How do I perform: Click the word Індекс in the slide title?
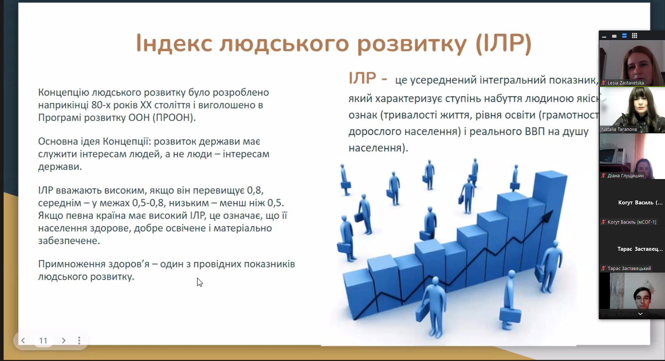[x=174, y=43]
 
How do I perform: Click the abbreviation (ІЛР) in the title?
[x=503, y=43]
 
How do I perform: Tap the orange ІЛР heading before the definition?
[x=362, y=78]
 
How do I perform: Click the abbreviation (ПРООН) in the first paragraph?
[x=173, y=118]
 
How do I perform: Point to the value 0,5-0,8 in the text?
[x=149, y=203]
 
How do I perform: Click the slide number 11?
[x=43, y=341]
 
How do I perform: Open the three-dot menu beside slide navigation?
[x=79, y=340]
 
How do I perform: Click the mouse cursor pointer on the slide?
[x=199, y=282]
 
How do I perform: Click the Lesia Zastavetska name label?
[x=626, y=83]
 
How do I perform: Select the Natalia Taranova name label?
[x=619, y=129]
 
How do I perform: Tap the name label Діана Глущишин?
[x=626, y=176]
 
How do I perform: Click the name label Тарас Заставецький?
[x=629, y=269]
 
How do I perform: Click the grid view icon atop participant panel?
[x=635, y=36]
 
